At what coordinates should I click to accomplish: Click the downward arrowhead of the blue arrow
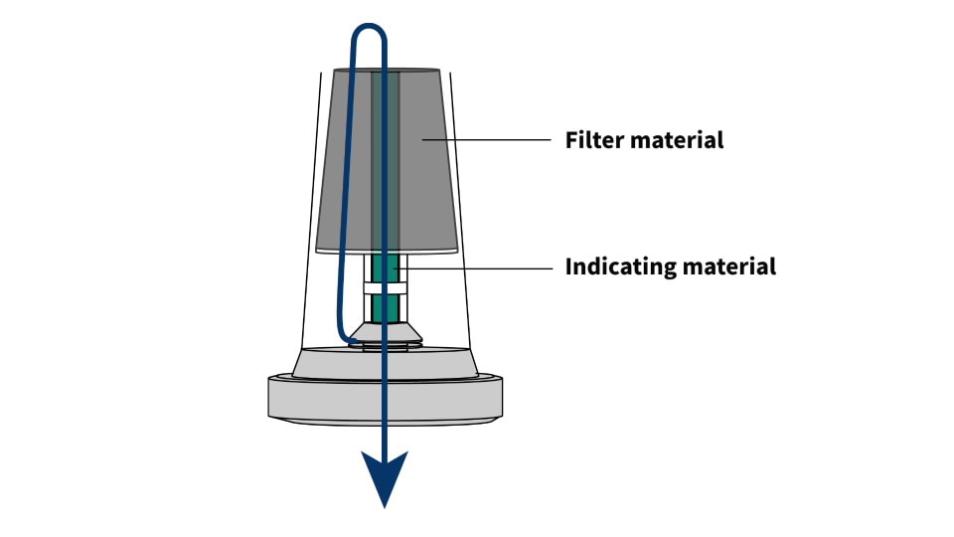(x=383, y=478)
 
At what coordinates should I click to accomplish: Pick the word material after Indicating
(x=733, y=267)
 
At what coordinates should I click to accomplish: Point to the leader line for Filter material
(x=487, y=140)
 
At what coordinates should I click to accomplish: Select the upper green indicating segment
(x=385, y=268)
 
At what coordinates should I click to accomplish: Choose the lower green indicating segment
(x=385, y=306)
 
